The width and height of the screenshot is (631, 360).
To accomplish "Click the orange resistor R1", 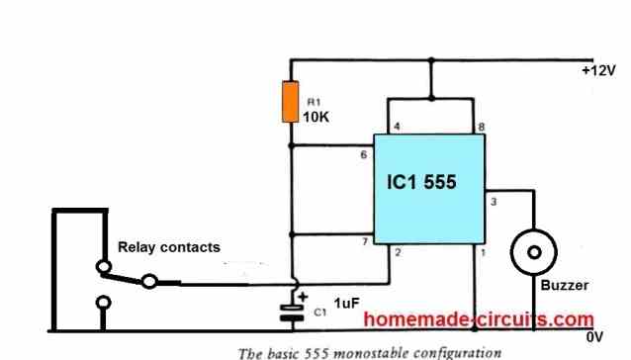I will coord(290,103).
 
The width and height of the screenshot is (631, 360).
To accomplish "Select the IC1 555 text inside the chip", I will coord(427,183).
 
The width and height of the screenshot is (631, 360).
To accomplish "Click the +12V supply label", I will coord(597,71).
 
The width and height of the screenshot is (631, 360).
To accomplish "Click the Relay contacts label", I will coord(169,247).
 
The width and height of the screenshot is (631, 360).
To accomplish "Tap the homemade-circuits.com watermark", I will coord(479,319).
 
